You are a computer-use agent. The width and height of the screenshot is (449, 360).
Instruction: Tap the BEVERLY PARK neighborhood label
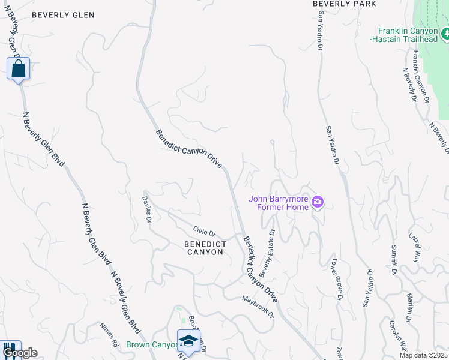[x=344, y=4]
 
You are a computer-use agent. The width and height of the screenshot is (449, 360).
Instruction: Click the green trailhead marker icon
[x=445, y=34]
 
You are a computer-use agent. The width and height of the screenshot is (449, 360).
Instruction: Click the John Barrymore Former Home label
[x=279, y=203]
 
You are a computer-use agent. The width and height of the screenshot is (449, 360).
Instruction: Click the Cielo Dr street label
[x=203, y=231]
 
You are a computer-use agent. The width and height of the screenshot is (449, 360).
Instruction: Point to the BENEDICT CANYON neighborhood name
[x=205, y=248]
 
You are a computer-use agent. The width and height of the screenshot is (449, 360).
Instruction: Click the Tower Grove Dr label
[x=337, y=278]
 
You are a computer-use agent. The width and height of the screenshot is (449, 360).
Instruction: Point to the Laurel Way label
[x=414, y=248]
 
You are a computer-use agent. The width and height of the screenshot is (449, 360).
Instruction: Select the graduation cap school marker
[x=188, y=341]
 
